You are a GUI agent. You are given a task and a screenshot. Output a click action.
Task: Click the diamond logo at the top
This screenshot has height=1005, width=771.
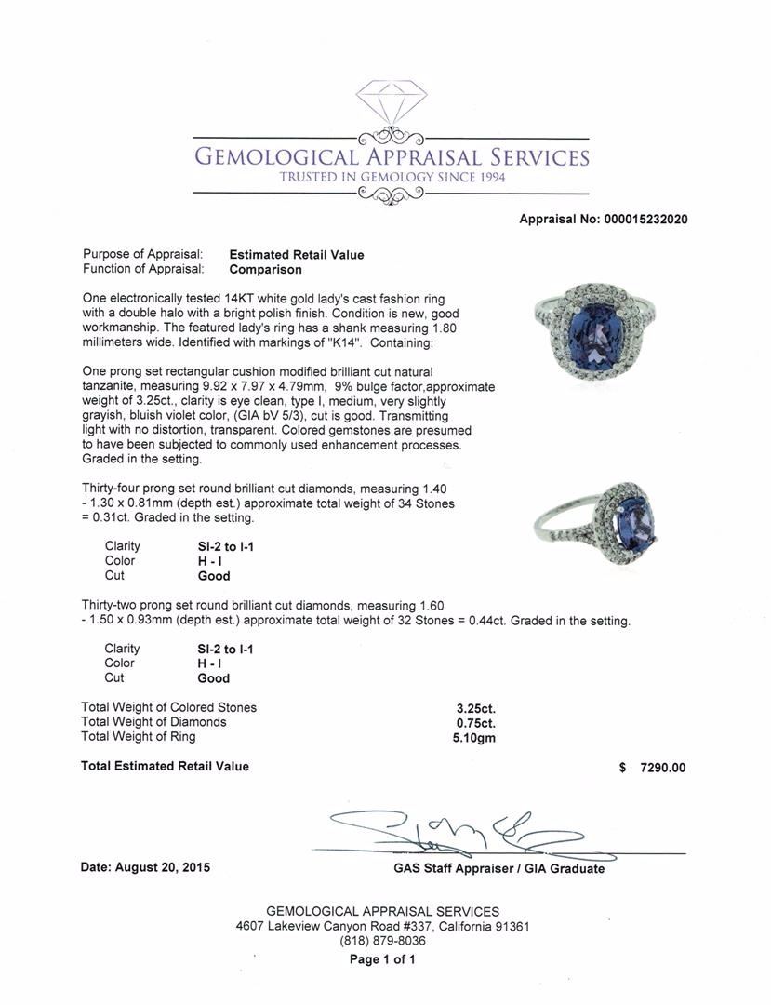(392, 103)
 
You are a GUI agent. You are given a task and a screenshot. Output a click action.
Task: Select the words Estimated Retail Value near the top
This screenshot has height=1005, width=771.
(297, 255)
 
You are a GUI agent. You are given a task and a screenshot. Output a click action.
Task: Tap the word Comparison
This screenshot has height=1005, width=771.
(265, 270)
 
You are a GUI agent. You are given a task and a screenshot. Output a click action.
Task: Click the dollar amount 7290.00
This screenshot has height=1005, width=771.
(662, 768)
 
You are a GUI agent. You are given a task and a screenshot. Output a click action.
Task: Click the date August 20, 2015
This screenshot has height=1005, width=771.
(145, 867)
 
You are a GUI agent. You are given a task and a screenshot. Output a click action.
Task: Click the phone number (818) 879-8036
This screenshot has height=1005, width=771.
(382, 941)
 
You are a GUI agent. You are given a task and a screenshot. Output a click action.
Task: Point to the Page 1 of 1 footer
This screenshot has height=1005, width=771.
(382, 959)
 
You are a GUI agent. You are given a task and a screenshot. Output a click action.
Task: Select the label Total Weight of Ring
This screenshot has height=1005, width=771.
(139, 737)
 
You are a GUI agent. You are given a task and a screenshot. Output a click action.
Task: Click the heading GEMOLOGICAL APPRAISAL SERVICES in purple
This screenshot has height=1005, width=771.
(392, 155)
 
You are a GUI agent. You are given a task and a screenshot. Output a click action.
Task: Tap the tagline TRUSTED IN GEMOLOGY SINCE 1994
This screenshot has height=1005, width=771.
(392, 177)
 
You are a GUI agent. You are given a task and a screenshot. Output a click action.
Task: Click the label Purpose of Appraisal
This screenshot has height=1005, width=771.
(142, 255)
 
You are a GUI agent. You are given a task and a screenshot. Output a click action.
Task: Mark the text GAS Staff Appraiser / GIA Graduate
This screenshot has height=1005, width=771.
(498, 868)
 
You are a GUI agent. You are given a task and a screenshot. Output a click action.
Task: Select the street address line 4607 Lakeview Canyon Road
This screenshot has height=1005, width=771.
(382, 927)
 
